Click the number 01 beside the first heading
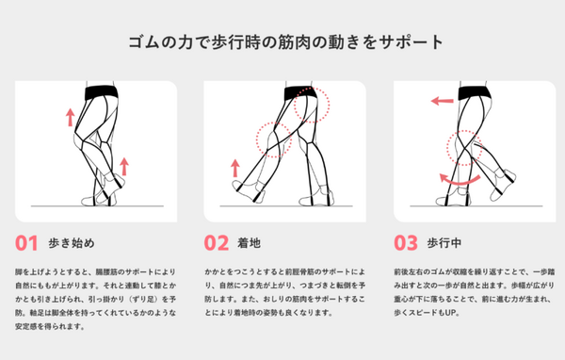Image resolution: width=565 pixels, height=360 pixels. point(26,243)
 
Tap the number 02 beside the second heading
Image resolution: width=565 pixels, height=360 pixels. point(216,243)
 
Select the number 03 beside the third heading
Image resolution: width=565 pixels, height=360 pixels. point(405,243)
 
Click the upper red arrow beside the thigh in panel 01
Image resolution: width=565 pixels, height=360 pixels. point(69,117)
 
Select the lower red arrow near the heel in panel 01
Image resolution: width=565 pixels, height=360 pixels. point(123,169)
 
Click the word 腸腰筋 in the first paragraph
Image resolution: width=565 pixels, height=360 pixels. point(120,269)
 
